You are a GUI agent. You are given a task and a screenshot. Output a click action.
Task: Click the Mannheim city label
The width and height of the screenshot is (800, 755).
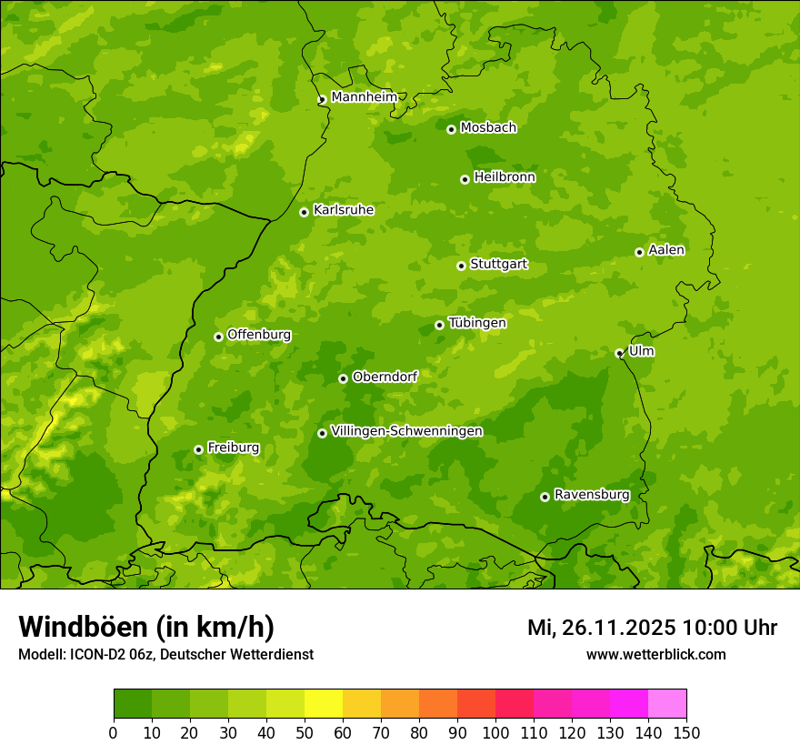pos(364,96)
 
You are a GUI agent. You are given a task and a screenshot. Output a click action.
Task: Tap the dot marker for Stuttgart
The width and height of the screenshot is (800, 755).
pos(461,266)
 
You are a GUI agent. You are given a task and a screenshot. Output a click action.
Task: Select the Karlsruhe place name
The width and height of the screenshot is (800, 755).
pos(343,210)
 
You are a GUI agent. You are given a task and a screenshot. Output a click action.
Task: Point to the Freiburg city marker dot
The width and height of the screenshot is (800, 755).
pos(198,449)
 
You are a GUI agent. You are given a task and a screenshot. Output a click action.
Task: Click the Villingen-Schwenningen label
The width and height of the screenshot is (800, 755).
pos(406,431)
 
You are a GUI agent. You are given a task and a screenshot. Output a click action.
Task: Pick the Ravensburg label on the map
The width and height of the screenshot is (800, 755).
pos(591,495)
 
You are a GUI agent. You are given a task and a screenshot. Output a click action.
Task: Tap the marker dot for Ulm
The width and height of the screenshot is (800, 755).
pos(619,353)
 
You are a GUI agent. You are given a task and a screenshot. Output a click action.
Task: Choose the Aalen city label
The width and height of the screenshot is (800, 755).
pos(665,250)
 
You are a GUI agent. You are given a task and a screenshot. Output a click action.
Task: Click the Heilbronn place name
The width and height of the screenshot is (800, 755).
pos(504,177)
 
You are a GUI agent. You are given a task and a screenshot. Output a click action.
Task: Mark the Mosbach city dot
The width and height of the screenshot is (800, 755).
pos(451,129)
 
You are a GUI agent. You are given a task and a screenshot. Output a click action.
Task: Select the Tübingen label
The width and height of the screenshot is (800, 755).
pos(476,323)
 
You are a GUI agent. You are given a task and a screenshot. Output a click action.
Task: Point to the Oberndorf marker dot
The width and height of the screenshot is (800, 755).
pos(343,378)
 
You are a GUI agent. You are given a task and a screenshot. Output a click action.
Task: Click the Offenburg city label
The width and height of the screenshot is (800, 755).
pos(258,335)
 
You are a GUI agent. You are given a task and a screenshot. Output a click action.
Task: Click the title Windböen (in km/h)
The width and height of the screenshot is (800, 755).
pos(146,627)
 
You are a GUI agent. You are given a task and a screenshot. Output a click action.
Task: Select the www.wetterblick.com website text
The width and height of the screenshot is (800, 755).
pos(655,654)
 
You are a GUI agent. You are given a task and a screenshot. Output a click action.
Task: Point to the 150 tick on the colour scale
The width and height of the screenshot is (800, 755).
pos(686,732)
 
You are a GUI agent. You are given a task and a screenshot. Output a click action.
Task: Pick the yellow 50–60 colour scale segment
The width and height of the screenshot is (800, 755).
pos(324,704)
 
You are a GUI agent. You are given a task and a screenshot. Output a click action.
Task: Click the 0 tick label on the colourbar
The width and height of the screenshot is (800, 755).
pos(114,732)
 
